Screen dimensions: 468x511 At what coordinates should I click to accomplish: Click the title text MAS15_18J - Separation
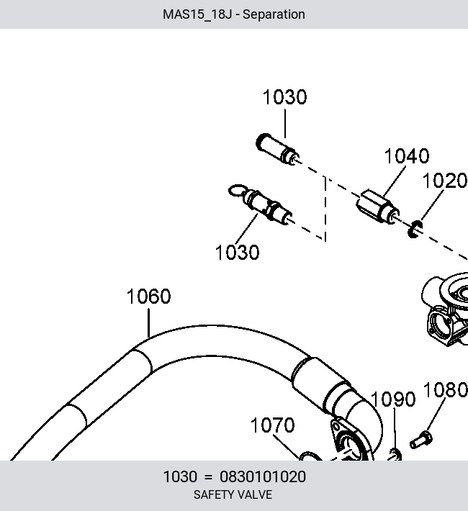pos(234,14)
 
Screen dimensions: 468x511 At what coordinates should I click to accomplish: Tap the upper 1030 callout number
pos(284,97)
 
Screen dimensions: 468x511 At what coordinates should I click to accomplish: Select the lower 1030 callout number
pos(238,252)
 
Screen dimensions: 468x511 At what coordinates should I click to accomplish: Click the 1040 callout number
pos(407,156)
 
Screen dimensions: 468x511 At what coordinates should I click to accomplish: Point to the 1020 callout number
pos(445,181)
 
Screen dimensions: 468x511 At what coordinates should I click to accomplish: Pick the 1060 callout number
pos(149,297)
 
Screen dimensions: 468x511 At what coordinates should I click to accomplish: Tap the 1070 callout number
pos(273,425)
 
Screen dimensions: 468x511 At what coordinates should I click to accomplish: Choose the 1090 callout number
pos(393,399)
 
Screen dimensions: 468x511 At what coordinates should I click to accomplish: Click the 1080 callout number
pos(446,390)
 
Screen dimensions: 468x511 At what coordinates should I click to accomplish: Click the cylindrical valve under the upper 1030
pos(277,148)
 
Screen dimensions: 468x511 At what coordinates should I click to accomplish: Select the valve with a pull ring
pos(261,204)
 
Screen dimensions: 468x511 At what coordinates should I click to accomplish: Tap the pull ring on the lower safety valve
pos(238,191)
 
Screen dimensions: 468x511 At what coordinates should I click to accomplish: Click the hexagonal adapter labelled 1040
pos(377,207)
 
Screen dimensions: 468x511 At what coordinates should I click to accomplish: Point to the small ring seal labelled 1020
pos(415,229)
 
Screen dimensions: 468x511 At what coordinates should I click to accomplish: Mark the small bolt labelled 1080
pos(421,439)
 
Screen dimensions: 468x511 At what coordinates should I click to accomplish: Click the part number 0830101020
pos(263,476)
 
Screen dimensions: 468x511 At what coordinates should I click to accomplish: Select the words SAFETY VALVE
pos(233,494)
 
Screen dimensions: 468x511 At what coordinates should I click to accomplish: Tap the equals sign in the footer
pos(208,477)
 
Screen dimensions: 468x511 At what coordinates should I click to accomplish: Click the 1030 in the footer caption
pos(180,476)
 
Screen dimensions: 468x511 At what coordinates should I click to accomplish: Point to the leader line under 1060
pos(149,323)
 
